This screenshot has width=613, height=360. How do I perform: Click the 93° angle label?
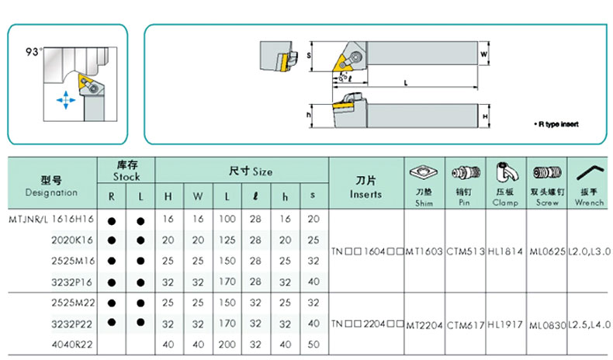(x=33, y=53)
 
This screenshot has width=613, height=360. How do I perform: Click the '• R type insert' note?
(x=556, y=125)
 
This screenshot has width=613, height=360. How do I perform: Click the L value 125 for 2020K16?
(x=227, y=241)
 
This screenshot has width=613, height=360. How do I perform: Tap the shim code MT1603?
(x=424, y=251)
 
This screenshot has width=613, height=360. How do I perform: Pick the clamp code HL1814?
(x=506, y=251)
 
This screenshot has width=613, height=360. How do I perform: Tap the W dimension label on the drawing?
(x=483, y=55)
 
